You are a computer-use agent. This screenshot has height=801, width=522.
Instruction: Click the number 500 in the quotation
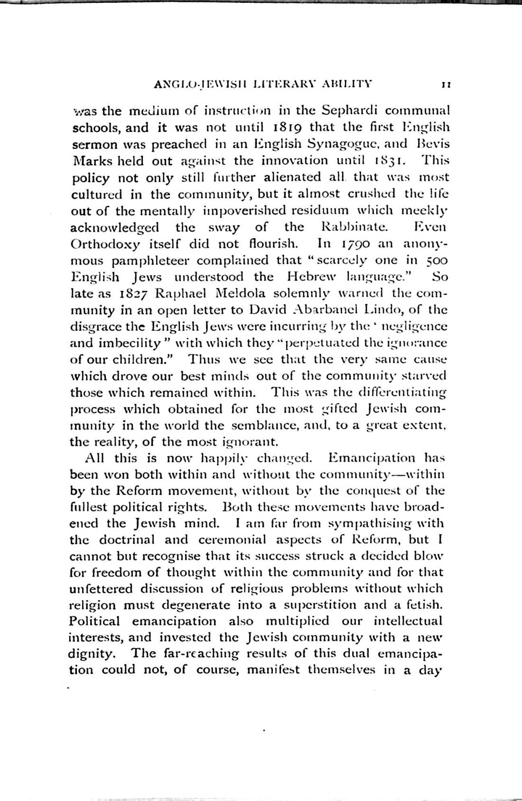[437, 261]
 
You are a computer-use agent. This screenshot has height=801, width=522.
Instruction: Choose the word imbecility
[135, 343]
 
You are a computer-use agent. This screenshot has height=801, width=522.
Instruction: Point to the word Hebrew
[311, 277]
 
